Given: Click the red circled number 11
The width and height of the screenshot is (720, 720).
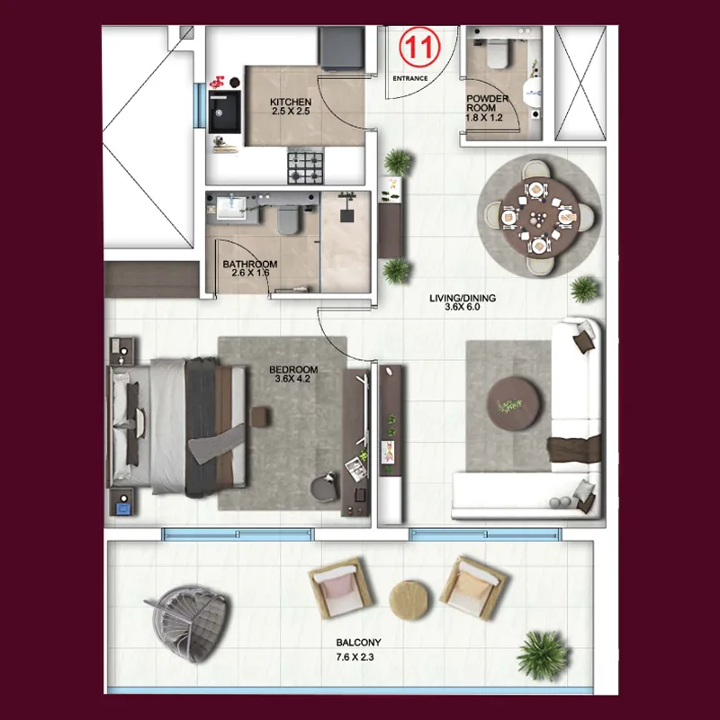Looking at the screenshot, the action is click(419, 48).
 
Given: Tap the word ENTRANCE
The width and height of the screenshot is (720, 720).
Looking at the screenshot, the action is click(410, 78).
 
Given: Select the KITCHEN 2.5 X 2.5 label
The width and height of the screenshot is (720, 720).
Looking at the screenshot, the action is click(291, 106).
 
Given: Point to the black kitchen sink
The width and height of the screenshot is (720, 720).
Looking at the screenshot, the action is click(224, 112).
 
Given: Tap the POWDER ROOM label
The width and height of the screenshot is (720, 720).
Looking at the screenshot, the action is click(487, 103).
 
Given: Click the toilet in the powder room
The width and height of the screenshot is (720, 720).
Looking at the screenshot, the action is click(498, 53).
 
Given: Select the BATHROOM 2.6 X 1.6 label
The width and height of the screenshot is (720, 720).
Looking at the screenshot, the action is click(250, 268).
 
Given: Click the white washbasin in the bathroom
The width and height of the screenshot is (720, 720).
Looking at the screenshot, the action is click(231, 208).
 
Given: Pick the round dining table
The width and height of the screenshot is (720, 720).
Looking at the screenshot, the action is click(539, 216).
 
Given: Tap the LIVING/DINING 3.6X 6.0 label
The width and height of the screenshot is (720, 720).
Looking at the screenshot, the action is click(463, 302).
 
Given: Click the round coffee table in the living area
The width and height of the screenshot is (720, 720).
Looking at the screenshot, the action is click(514, 403).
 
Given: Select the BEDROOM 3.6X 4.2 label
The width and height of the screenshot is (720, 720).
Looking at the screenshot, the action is click(293, 373).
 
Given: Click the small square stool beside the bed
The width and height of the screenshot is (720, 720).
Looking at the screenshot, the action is click(260, 417).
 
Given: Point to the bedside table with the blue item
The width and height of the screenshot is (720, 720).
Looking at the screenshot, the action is click(122, 502).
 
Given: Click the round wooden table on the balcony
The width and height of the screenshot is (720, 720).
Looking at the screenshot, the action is click(409, 599).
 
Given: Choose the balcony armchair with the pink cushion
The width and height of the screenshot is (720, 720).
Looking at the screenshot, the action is click(340, 589).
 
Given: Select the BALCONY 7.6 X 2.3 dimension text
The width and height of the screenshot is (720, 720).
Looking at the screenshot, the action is click(355, 657).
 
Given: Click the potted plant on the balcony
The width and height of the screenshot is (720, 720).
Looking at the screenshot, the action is click(544, 655).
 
